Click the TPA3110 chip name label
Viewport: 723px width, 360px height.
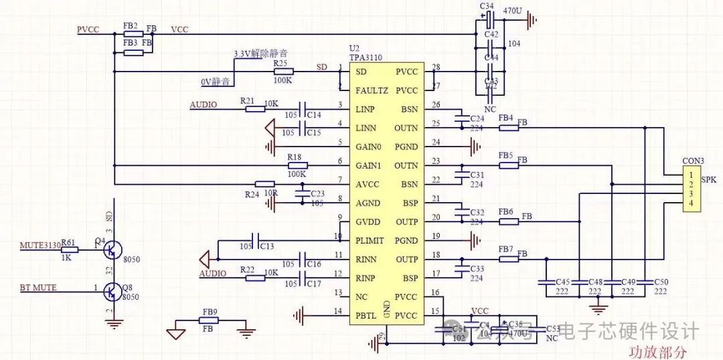365,58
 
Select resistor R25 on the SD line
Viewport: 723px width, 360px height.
282,72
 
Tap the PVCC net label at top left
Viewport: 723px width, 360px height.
88,29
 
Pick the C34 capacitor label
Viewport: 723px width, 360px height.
487,6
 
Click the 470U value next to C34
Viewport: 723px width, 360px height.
512,11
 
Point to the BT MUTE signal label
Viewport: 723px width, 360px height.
37,288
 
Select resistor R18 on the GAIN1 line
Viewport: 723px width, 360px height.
297,165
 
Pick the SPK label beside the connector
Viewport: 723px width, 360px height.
709,181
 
